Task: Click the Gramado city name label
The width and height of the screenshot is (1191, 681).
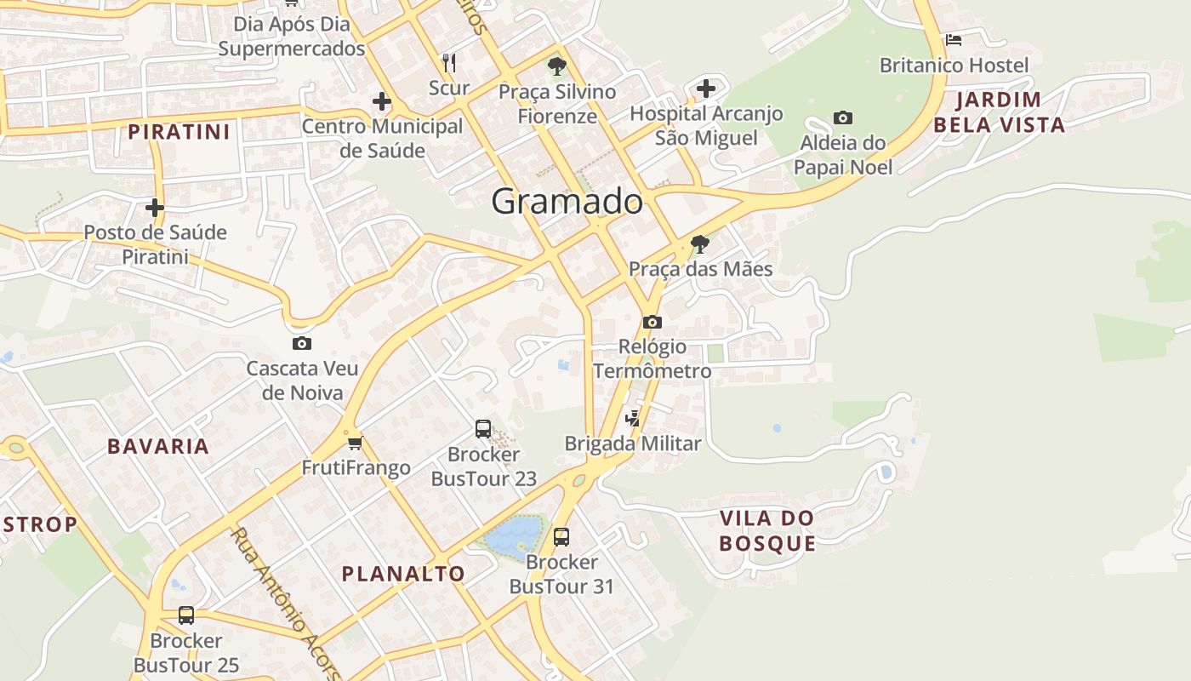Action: [x=567, y=202]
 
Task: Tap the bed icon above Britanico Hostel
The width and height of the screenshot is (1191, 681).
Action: [x=953, y=39]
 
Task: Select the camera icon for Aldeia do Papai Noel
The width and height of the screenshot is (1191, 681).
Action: [x=843, y=117]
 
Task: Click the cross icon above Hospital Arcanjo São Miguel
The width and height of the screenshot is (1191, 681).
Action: [x=706, y=88]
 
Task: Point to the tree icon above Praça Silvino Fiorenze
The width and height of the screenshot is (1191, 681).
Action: [x=557, y=66]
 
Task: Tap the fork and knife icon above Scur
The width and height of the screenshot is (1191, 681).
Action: [x=449, y=62]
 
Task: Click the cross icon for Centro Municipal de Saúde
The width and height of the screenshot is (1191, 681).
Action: [x=382, y=102]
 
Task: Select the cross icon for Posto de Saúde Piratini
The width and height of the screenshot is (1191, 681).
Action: [x=155, y=207]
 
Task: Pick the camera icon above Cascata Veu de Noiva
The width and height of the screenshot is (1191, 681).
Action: [x=301, y=344]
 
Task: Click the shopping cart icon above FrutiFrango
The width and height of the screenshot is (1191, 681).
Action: [x=356, y=443]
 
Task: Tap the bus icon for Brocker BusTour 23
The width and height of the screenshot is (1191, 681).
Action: [x=483, y=429]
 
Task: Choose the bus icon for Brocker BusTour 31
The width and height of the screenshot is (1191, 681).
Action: [x=561, y=537]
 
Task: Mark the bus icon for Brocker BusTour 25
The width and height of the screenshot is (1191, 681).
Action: [x=186, y=615]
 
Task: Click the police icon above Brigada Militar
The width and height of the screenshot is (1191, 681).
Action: [x=632, y=418]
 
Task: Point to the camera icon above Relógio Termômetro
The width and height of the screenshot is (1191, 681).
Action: [x=652, y=322]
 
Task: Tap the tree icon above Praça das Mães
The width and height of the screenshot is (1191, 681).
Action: [x=700, y=244]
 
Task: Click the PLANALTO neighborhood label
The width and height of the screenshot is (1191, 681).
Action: [x=403, y=574]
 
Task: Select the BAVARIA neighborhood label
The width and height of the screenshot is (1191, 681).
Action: [x=158, y=446]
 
